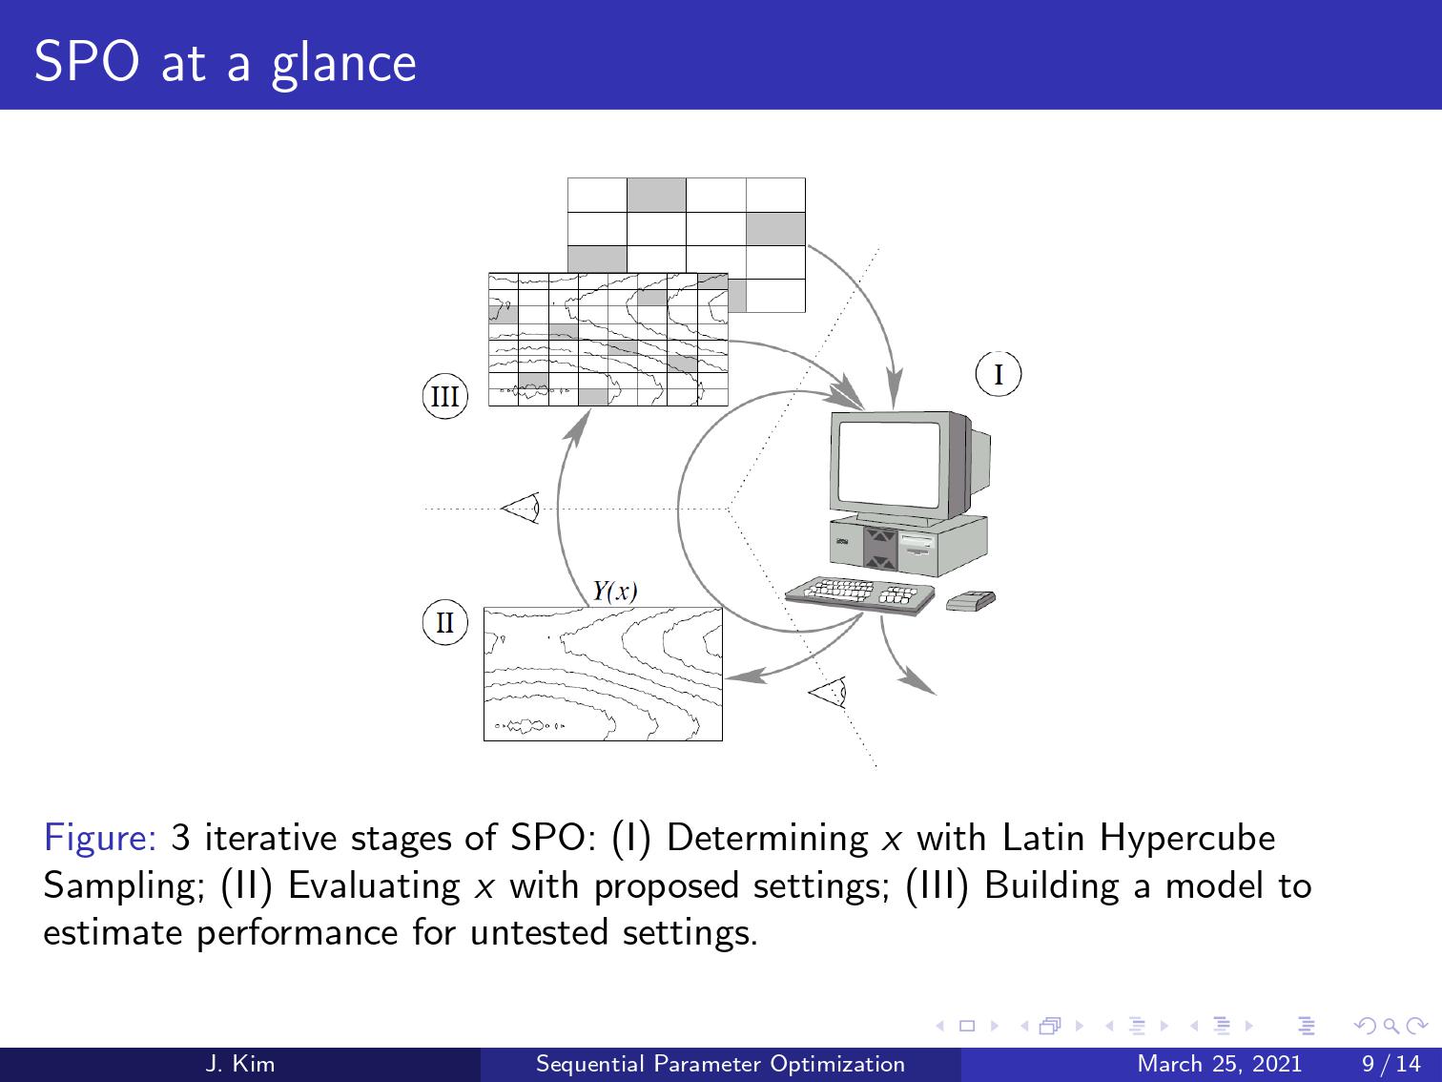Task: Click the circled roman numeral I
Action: [x=998, y=374]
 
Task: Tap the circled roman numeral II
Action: [x=444, y=622]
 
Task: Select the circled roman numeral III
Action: [x=444, y=396]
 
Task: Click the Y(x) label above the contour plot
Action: [x=615, y=592]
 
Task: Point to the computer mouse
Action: [x=970, y=600]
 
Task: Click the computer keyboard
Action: [x=859, y=595]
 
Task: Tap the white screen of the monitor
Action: [x=890, y=465]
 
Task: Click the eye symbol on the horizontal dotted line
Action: [x=521, y=508]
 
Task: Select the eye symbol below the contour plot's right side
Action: [x=827, y=693]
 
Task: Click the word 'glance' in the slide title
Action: [x=343, y=64]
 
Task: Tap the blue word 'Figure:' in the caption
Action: [x=100, y=838]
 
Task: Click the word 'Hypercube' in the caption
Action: [x=1187, y=839]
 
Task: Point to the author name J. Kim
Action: [x=239, y=1064]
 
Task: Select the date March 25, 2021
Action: [x=1219, y=1064]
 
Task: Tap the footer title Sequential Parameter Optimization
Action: [x=720, y=1064]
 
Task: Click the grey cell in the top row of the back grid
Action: [x=656, y=195]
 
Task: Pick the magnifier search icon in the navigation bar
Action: [x=1390, y=1026]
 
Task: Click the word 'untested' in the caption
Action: [x=539, y=933]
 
